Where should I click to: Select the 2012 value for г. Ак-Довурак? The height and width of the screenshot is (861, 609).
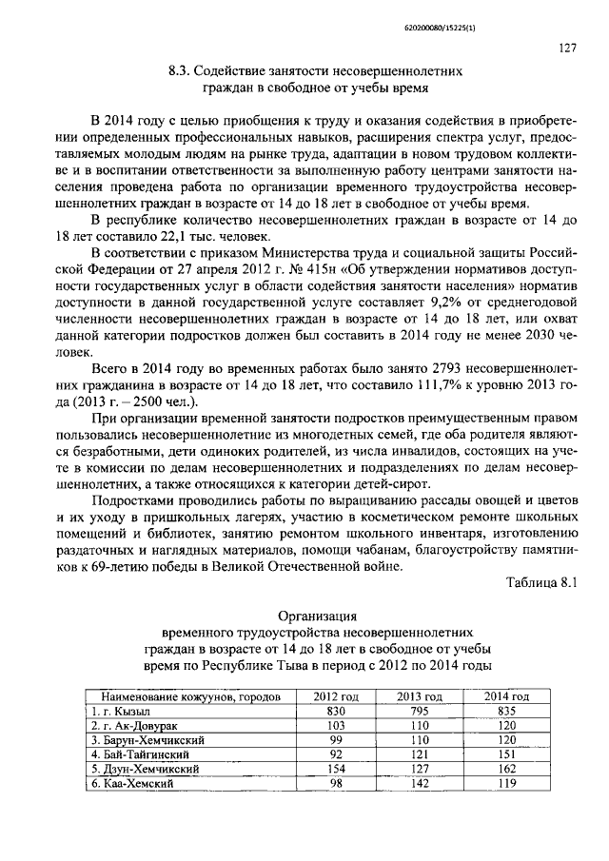335,725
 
